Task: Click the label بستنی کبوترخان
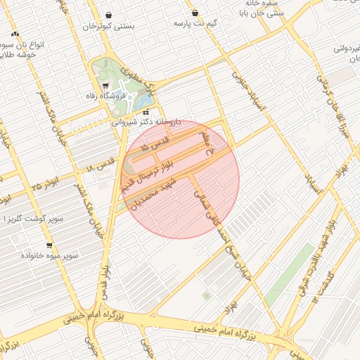pos(108,26)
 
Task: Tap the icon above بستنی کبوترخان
pos(108,15)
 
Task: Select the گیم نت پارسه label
pos(195,23)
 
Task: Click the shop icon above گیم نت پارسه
pos(195,13)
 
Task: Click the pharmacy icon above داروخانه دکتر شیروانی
pos(146,112)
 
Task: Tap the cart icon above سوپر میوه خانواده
pos(49,245)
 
